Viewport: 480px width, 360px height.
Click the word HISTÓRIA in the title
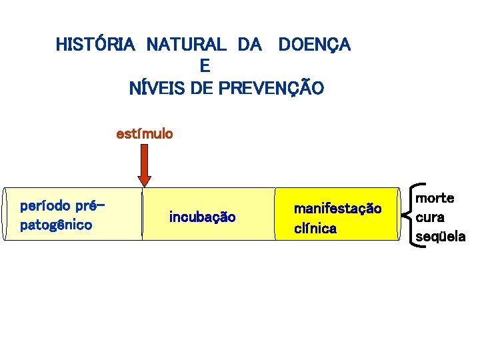(95, 45)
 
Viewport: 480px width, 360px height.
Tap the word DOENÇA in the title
(314, 45)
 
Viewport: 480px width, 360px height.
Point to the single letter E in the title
(205, 66)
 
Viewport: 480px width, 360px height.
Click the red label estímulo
(145, 134)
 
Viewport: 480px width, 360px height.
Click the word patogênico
(57, 225)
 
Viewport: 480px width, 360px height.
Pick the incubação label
(202, 217)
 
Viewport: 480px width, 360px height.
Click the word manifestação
(337, 209)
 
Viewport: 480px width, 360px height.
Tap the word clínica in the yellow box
(315, 229)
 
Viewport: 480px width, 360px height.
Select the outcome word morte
(435, 198)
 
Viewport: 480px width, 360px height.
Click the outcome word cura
(430, 217)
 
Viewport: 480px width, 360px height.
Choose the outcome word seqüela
(441, 236)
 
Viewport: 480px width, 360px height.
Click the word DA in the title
(249, 45)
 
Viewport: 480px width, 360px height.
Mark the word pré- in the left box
(91, 205)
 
